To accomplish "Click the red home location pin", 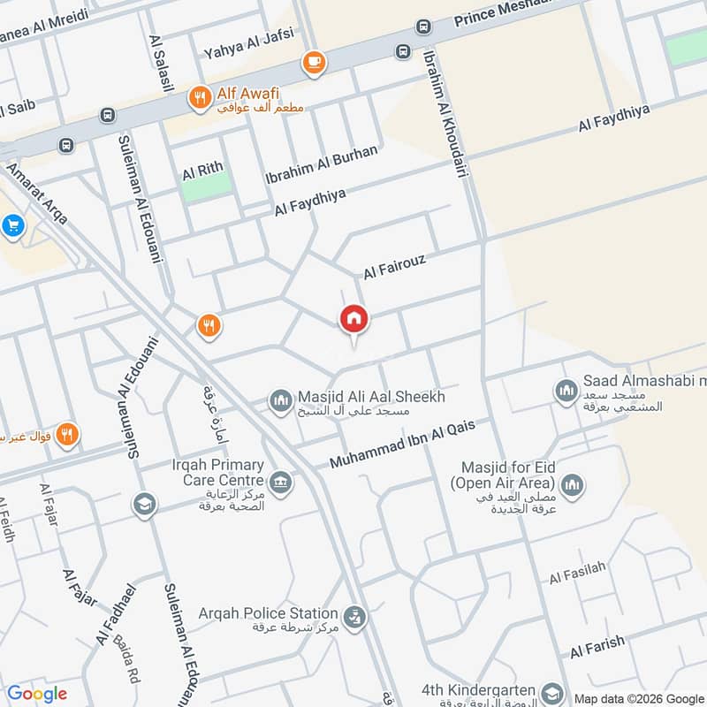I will [x=353, y=319].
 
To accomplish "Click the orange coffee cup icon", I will [x=313, y=62].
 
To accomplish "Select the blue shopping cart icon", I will [x=11, y=226].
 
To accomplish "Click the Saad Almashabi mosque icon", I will [x=566, y=390].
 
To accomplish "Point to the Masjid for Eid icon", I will [x=572, y=484].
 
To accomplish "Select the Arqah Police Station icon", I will [x=354, y=617].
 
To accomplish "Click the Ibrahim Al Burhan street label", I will [x=322, y=164].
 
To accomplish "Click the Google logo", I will [x=37, y=694].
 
